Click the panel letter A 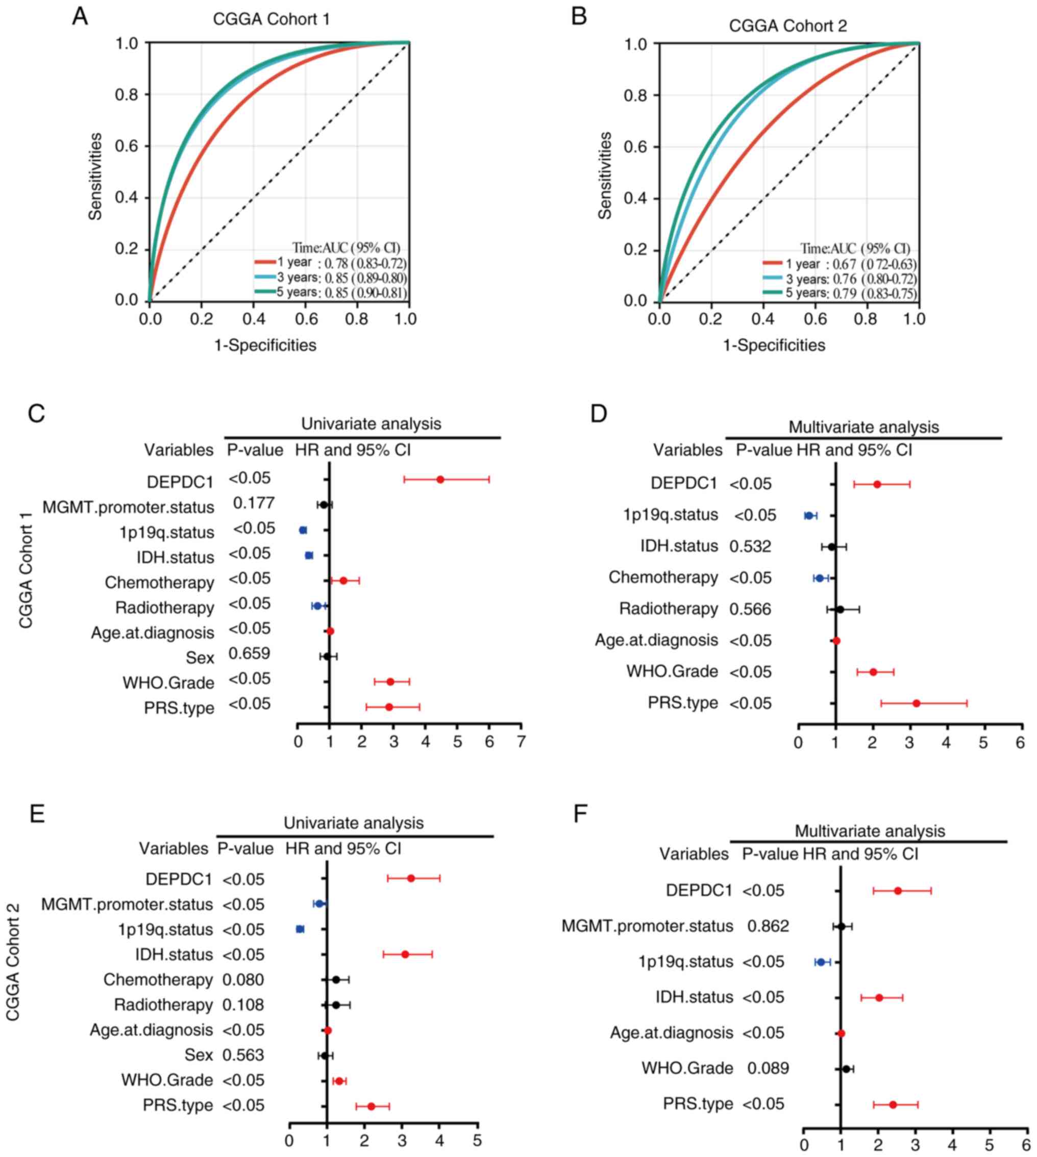[80, 17]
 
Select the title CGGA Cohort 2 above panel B [788, 26]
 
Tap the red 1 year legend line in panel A [264, 263]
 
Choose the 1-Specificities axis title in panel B [774, 345]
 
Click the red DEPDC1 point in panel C [440, 480]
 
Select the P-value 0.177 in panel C [254, 504]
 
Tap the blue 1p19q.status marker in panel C [303, 531]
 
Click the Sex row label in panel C [200, 658]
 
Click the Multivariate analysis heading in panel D [863, 426]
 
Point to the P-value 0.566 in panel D [750, 610]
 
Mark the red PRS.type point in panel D [916, 703]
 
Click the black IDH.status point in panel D [831, 547]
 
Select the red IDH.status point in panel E [405, 954]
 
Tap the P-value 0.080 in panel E [243, 980]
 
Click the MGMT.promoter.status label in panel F [647, 926]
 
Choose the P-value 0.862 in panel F [768, 926]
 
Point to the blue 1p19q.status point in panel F [821, 962]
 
